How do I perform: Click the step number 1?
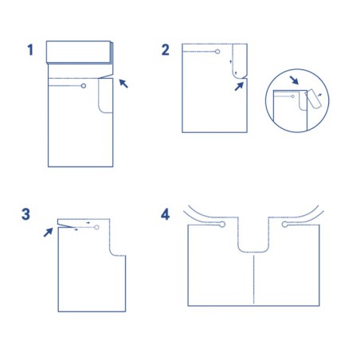[30, 50]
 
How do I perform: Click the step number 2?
[166, 50]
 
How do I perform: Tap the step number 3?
[25, 214]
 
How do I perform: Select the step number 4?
[166, 214]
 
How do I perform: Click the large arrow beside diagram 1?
[123, 84]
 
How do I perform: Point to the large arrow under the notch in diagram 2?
[239, 86]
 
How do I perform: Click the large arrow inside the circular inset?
[294, 80]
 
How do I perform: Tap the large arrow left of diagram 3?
[49, 233]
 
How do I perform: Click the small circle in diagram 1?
[84, 86]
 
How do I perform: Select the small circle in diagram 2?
[217, 52]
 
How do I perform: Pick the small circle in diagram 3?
[96, 227]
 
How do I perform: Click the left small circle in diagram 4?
[222, 225]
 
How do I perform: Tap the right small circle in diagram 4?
[285, 225]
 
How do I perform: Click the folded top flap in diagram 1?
[80, 53]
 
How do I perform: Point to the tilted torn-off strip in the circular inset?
[314, 99]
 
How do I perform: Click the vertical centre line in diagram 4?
[254, 280]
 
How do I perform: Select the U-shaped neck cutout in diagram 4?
[253, 252]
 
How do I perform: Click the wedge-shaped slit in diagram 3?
[65, 225]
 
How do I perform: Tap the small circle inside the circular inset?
[293, 96]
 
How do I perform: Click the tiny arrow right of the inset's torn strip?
[319, 94]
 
